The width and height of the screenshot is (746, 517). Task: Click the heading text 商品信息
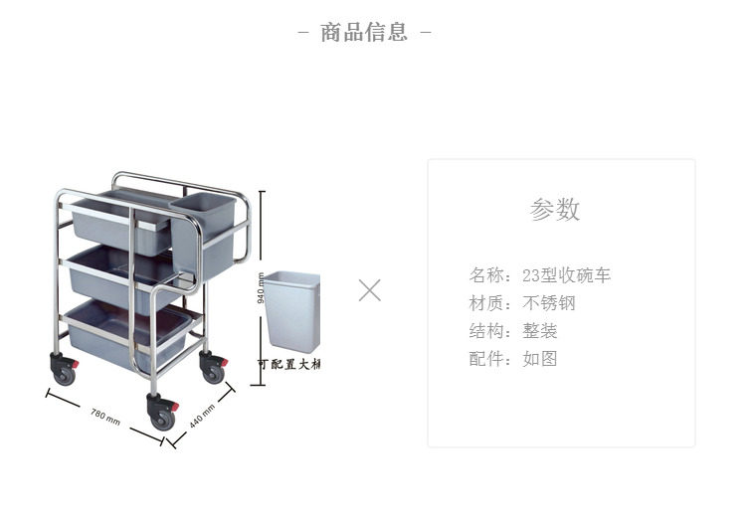(x=364, y=32)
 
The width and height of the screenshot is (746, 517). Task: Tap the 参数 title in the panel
(x=555, y=210)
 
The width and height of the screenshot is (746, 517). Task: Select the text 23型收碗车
(x=566, y=275)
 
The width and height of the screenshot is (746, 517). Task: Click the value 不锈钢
(x=549, y=303)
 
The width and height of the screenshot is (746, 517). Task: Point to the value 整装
(x=540, y=331)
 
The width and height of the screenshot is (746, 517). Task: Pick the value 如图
(x=540, y=359)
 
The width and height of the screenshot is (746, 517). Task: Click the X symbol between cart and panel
(x=370, y=290)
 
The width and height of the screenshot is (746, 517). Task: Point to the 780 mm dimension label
(x=105, y=416)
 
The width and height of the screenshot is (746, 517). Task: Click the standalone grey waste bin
(x=291, y=311)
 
